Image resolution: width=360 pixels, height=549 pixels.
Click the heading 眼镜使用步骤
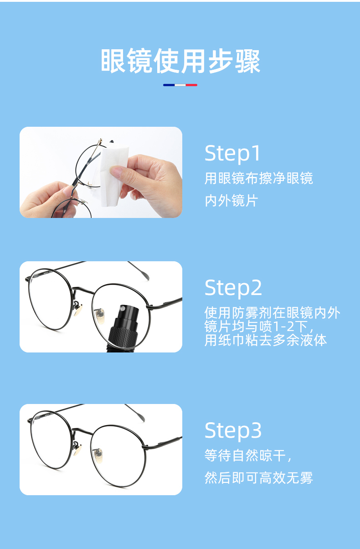180,61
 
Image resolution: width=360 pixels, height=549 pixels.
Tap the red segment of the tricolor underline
191,85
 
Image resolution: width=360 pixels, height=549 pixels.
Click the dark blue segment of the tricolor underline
169,85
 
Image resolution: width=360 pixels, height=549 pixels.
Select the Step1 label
232,153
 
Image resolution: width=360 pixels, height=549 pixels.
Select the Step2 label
233,288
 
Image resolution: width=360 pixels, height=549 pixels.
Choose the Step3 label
233,431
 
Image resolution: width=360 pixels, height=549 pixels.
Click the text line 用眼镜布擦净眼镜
259,178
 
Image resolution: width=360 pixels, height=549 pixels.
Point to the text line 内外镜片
231,200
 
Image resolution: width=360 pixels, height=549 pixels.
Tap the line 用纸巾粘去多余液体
266,341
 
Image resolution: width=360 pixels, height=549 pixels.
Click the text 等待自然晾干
245,456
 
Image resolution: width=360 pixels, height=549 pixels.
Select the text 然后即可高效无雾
259,478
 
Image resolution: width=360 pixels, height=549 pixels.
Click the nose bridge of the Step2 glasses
83,290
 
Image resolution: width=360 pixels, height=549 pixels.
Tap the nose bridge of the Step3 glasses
82,432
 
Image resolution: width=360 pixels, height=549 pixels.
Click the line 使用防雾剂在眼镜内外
273,312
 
